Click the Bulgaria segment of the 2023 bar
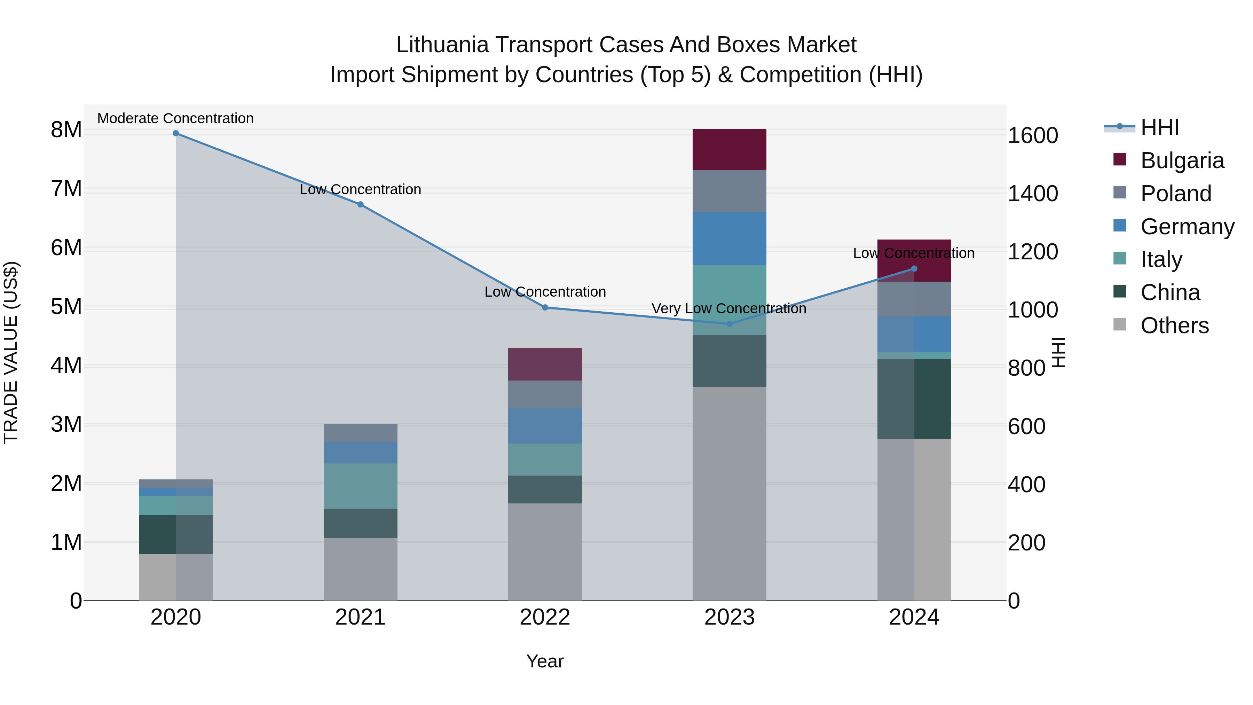pyautogui.click(x=729, y=149)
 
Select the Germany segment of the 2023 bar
pyautogui.click(x=729, y=238)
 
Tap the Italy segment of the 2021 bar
pyautogui.click(x=361, y=486)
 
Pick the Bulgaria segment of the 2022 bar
pyautogui.click(x=545, y=364)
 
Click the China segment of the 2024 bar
pyautogui.click(x=914, y=399)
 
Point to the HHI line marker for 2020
pyautogui.click(x=176, y=133)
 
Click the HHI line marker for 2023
pyautogui.click(x=729, y=323)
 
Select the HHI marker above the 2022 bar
pyautogui.click(x=545, y=307)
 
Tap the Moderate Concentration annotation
pyautogui.click(x=176, y=119)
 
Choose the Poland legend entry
pyautogui.click(x=1176, y=194)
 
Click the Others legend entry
pyautogui.click(x=1174, y=326)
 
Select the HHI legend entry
pyautogui.click(x=1160, y=127)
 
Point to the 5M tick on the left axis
pyautogui.click(x=66, y=307)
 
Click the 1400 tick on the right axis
pyautogui.click(x=1033, y=194)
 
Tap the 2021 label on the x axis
pyautogui.click(x=361, y=617)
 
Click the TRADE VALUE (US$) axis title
pyautogui.click(x=11, y=352)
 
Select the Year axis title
pyautogui.click(x=545, y=661)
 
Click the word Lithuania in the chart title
pyautogui.click(x=442, y=45)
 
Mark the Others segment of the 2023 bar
pyautogui.click(x=729, y=493)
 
